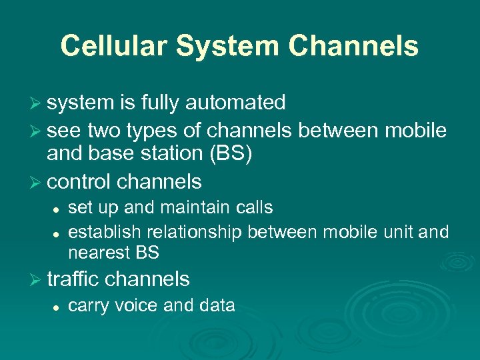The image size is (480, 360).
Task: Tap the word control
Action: pos(79,181)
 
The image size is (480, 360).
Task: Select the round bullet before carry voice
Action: pos(58,307)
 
